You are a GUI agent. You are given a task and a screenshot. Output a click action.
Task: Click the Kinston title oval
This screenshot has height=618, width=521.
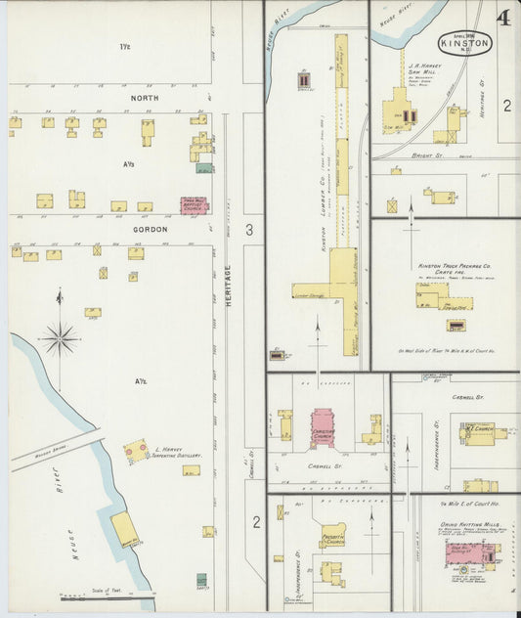click(x=465, y=42)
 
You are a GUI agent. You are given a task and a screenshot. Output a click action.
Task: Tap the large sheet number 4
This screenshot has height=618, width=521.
click(x=501, y=18)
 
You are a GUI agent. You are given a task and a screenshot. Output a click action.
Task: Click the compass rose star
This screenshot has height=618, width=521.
click(x=61, y=338)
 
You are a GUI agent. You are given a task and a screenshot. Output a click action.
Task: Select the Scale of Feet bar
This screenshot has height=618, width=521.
click(x=108, y=595)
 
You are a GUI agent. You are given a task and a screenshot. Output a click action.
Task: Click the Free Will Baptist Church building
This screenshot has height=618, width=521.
click(x=195, y=205)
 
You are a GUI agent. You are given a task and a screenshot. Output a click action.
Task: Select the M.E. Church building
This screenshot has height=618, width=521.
click(x=479, y=433)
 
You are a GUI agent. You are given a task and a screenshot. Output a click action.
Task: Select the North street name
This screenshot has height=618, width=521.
click(x=144, y=98)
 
